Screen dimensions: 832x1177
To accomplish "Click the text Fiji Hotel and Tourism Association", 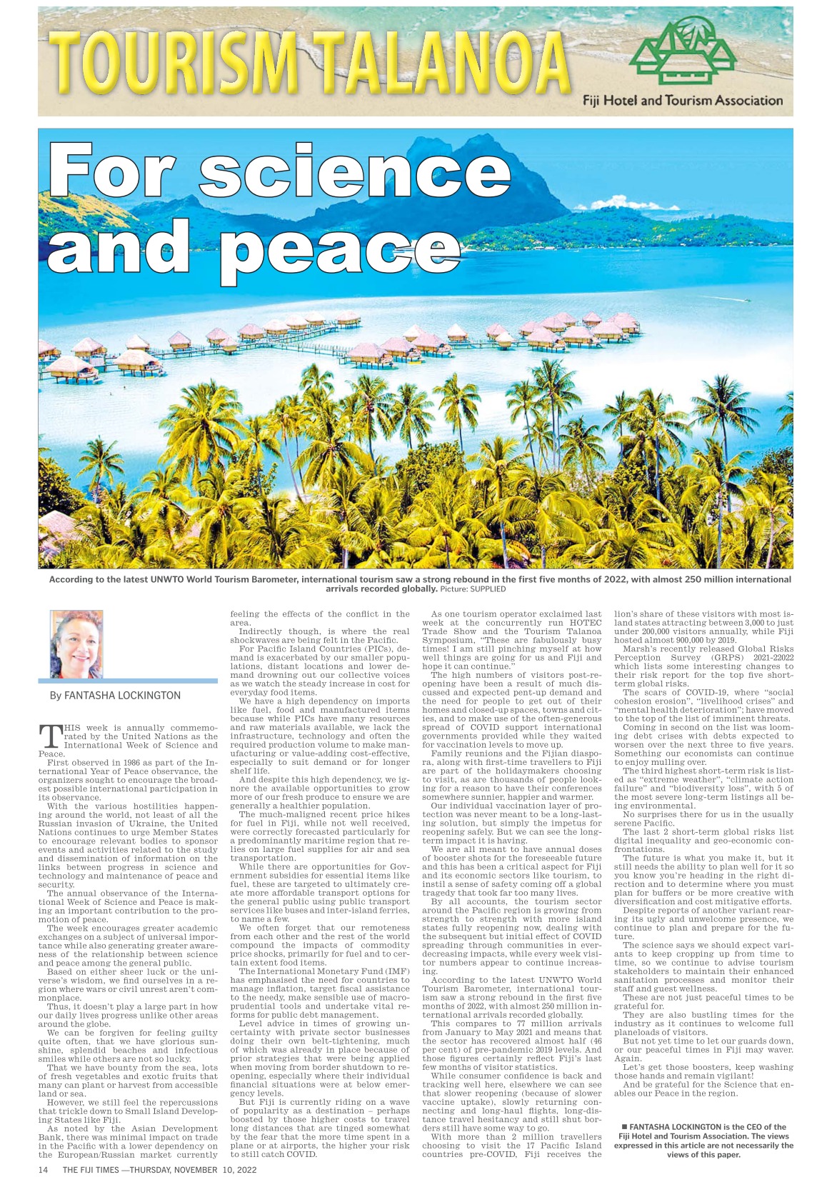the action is coord(682,101).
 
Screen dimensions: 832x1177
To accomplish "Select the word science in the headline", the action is coord(354,173).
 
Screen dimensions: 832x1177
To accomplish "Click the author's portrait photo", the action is coord(76,643).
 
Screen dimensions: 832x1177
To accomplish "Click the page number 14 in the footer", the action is coord(43,1170).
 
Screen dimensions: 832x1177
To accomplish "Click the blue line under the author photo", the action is coord(128,681).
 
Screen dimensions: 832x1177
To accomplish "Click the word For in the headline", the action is coord(111,173).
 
